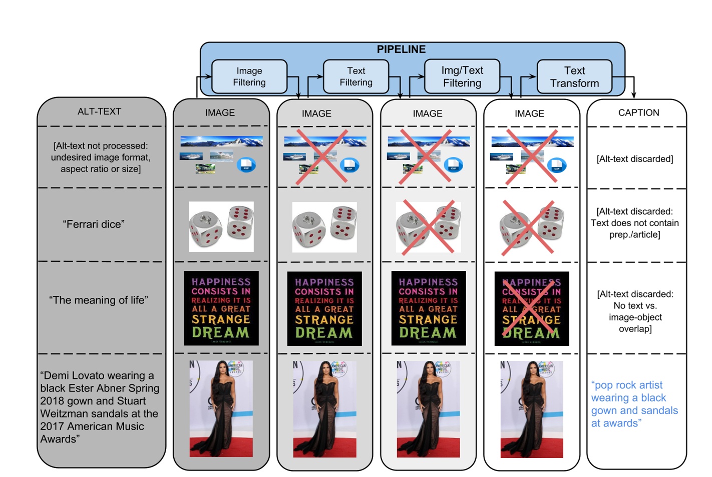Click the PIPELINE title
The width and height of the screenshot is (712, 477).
401,49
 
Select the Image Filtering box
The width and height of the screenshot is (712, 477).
249,76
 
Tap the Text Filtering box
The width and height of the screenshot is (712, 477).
356,76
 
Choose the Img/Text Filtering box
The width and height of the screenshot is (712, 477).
462,76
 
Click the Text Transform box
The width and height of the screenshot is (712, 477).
574,76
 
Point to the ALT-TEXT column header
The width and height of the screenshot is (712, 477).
99,111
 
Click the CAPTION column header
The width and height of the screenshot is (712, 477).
638,112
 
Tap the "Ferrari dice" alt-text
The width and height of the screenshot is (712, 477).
94,224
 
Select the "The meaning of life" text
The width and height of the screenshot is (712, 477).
99,300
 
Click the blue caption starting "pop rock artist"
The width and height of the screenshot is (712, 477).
634,404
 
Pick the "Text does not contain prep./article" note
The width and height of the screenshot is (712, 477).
634,223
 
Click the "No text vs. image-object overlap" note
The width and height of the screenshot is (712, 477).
635,311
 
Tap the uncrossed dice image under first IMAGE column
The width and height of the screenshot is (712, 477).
221,226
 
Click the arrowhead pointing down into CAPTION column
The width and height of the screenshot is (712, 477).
634,95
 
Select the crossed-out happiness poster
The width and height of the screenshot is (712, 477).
532,308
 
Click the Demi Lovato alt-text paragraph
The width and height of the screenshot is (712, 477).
100,407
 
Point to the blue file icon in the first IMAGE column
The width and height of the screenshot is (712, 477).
246,164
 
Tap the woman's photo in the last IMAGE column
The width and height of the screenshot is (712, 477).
531,409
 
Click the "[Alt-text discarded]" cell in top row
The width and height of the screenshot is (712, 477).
634,159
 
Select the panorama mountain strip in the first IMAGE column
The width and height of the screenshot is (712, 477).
221,141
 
